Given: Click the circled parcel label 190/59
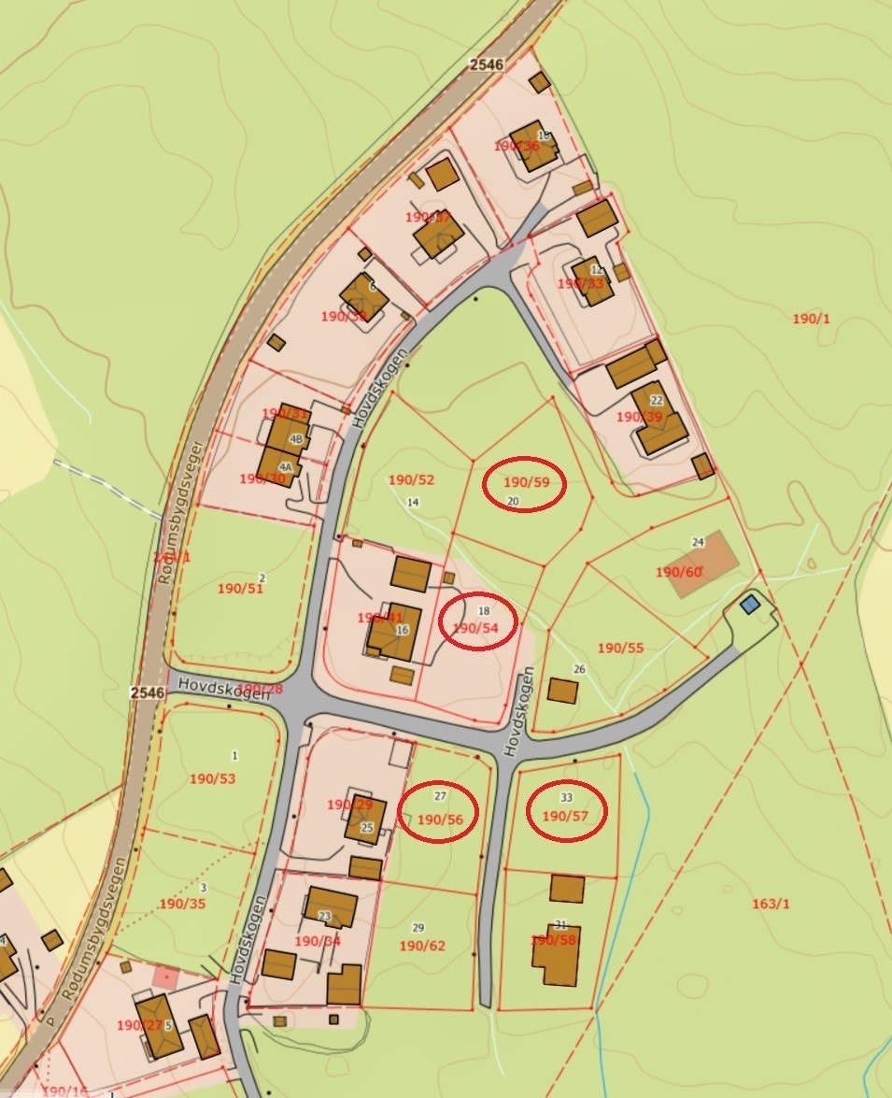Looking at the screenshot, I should tap(523, 483).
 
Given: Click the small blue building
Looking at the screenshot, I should tap(749, 605).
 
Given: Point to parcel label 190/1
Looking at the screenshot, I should tap(811, 319).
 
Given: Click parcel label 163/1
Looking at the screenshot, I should tap(771, 904).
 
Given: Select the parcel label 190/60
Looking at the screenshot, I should tap(679, 572).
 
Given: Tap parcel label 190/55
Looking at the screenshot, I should tap(621, 648).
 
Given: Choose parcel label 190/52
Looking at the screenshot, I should tap(412, 480).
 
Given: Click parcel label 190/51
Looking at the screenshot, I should tap(240, 589).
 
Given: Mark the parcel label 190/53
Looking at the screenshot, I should tap(213, 778).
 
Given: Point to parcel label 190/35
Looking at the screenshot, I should tap(182, 904).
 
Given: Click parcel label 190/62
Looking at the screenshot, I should tap(423, 946).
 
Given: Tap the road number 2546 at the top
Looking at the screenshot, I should tap(486, 64).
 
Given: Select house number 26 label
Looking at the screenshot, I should tap(579, 669).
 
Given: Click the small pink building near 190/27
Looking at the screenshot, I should tap(165, 977).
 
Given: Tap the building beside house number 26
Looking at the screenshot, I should tap(562, 692).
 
